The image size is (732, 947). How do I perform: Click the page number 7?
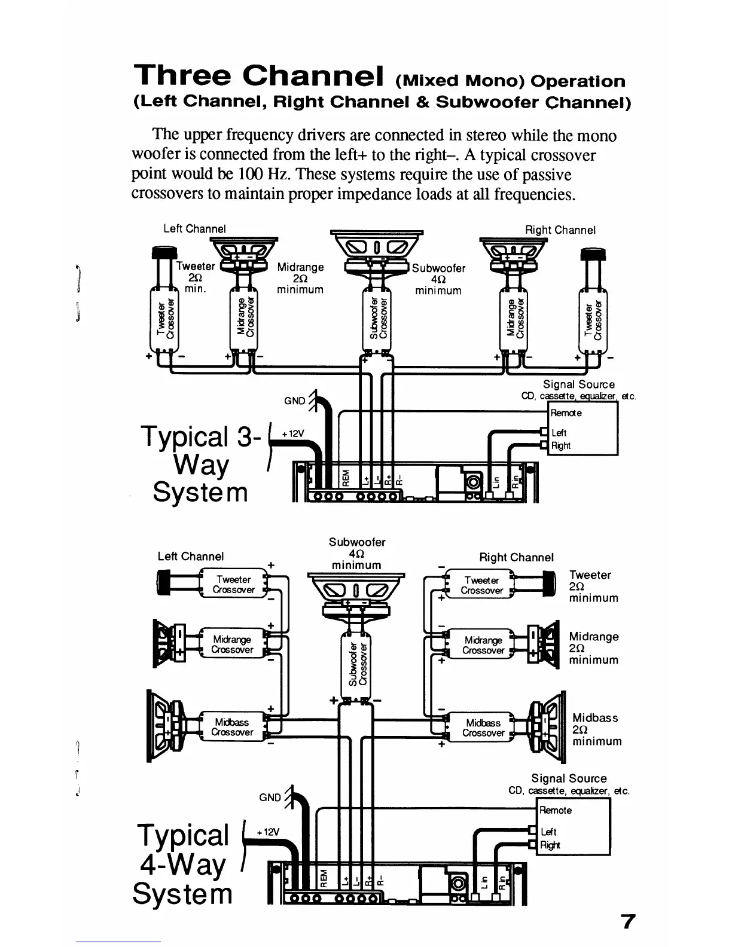click(627, 921)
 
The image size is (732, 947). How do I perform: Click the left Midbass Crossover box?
click(233, 727)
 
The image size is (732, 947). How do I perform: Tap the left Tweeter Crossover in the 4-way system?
click(234, 584)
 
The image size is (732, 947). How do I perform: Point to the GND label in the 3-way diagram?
click(294, 401)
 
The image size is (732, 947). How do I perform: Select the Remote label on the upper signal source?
click(566, 413)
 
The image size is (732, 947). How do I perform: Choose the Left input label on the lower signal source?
click(548, 832)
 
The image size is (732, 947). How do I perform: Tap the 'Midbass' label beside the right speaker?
click(594, 717)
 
